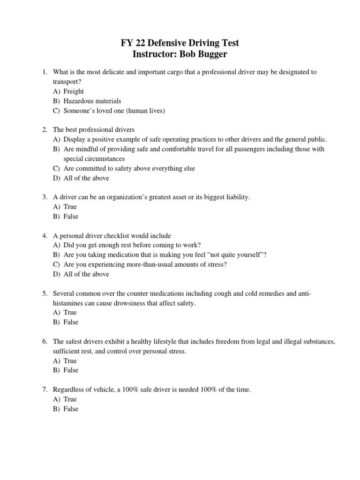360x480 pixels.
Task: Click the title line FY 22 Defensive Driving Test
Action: (x=180, y=43)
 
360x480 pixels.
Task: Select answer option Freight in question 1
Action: (x=74, y=91)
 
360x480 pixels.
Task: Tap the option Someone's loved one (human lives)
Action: (x=114, y=111)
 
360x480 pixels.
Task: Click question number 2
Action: (x=44, y=129)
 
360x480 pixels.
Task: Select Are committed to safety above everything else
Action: (x=129, y=168)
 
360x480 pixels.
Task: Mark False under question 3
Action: (x=71, y=217)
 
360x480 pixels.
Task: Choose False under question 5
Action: (x=71, y=322)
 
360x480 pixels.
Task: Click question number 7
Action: (x=44, y=390)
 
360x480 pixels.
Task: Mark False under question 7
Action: (x=71, y=409)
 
